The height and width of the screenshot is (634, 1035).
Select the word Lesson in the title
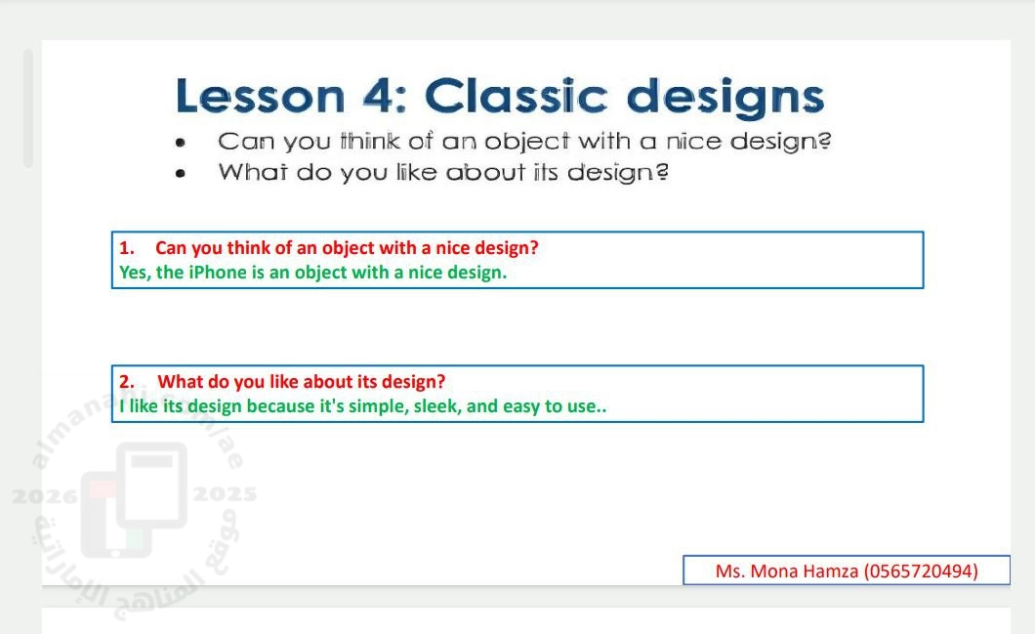point(260,97)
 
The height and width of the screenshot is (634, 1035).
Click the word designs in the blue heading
point(724,99)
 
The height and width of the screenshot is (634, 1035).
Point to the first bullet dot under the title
point(181,143)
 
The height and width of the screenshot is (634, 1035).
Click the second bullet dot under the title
point(181,174)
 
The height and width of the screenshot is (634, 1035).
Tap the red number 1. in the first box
point(126,248)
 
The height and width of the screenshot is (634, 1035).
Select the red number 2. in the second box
point(127,382)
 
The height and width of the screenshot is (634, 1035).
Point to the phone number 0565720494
point(921,571)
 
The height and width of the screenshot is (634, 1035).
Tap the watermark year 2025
point(225,494)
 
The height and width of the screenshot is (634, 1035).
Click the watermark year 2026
point(45,496)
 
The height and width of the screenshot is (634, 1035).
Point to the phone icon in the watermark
point(135,499)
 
